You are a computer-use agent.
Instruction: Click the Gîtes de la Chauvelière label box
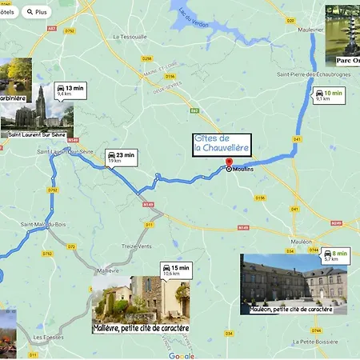222,144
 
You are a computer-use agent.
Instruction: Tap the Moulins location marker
229,169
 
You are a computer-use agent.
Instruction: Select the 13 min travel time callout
70,90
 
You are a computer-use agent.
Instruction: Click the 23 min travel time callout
121,157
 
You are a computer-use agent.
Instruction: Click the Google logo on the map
181,355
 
